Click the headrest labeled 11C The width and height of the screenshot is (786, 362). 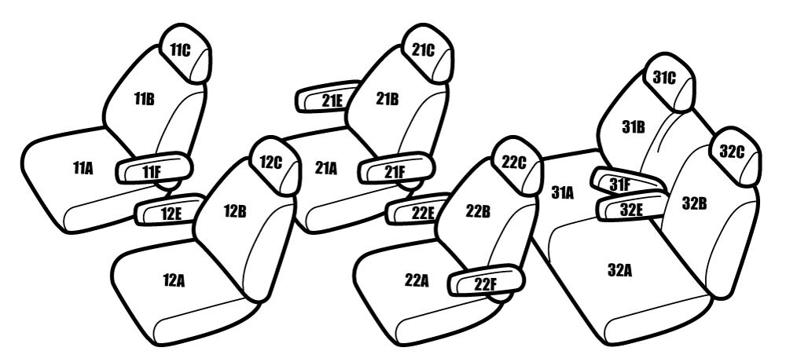pos(185,53)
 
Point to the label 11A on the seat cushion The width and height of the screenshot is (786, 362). pos(83,168)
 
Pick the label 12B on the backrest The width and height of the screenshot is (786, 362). pos(234,211)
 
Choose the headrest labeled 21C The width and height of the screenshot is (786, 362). pos(427,53)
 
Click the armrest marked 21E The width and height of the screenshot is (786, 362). pos(329,97)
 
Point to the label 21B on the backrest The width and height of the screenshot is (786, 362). pos(387,99)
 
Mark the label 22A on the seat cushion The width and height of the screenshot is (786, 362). pos(417,281)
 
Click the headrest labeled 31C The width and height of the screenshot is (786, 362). pos(670,82)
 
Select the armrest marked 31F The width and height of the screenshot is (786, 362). pos(626,182)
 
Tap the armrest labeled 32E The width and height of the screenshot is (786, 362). pos(633,207)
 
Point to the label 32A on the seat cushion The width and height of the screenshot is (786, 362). pos(619,270)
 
